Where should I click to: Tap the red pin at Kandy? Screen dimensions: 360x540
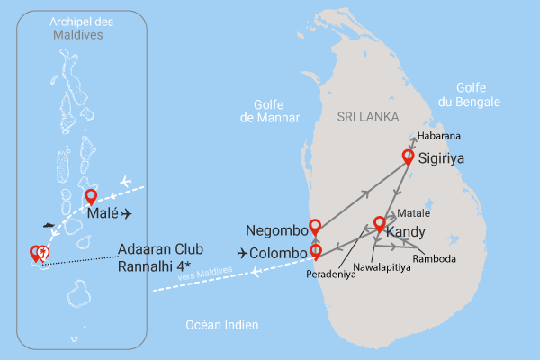380,223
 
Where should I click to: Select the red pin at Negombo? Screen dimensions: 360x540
314,226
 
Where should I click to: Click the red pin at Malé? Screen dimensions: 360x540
91,197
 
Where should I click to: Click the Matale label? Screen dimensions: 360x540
413,214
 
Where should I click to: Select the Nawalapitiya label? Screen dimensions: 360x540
385,266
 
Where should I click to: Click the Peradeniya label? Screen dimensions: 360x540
330,274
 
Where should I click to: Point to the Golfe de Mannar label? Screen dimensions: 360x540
268,111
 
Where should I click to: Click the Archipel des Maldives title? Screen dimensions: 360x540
76,30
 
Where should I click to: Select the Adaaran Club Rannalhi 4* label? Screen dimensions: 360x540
160,256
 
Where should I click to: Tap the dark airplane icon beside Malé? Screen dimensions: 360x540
126,214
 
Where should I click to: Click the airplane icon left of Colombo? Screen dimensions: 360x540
243,253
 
